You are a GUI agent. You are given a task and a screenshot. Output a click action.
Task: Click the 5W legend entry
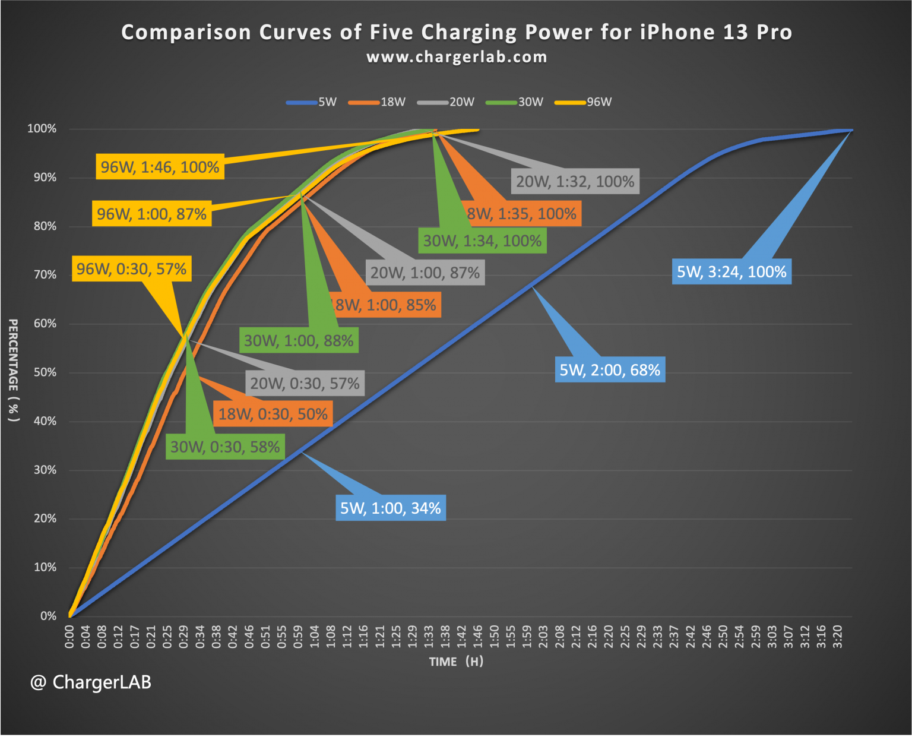pyautogui.click(x=312, y=102)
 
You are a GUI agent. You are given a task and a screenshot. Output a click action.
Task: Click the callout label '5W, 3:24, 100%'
pyautogui.click(x=731, y=272)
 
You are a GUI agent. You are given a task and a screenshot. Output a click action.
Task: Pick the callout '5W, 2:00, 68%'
pyautogui.click(x=610, y=370)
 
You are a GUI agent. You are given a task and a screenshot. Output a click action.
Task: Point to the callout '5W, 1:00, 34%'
pyautogui.click(x=390, y=508)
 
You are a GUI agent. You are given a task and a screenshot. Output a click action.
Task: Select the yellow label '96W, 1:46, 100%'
pyautogui.click(x=160, y=167)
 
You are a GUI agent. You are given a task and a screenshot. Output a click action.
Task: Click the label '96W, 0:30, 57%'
pyautogui.click(x=131, y=269)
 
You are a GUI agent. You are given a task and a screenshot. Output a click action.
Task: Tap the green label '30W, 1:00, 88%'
pyautogui.click(x=299, y=341)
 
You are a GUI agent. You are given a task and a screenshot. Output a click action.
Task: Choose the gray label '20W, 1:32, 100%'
pyautogui.click(x=575, y=181)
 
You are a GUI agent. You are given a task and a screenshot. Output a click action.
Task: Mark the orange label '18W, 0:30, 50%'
pyautogui.click(x=273, y=414)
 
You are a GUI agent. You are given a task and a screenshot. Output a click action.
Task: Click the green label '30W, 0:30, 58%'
pyautogui.click(x=225, y=447)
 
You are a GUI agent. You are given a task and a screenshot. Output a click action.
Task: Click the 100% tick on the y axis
pyautogui.click(x=42, y=129)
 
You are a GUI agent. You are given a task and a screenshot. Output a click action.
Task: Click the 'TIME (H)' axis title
pyautogui.click(x=456, y=662)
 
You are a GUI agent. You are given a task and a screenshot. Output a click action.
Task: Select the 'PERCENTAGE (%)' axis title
pyautogui.click(x=13, y=370)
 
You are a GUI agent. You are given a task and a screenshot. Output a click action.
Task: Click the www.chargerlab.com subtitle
pyautogui.click(x=456, y=57)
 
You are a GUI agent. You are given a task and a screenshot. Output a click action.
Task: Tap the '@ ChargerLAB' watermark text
pyautogui.click(x=91, y=682)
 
